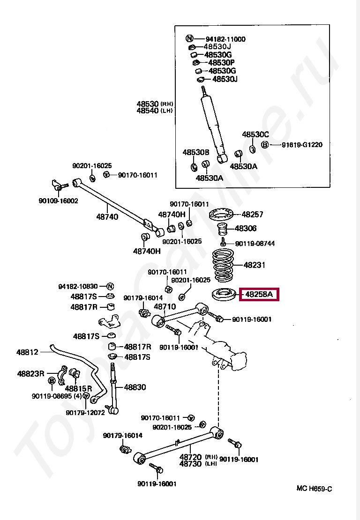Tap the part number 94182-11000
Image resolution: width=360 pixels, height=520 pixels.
pyautogui.click(x=225, y=39)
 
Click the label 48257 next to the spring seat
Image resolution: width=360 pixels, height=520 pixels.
pyautogui.click(x=253, y=215)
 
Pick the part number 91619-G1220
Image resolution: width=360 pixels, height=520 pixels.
pyautogui.click(x=302, y=145)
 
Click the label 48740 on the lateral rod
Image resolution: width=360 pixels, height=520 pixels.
pyautogui.click(x=107, y=216)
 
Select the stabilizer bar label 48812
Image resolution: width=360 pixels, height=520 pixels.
pyautogui.click(x=27, y=352)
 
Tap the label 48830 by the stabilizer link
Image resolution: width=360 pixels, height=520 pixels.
pyautogui.click(x=135, y=387)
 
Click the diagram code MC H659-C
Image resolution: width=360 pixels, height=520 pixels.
pyautogui.click(x=314, y=489)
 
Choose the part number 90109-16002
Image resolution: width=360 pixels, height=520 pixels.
pyautogui.click(x=58, y=201)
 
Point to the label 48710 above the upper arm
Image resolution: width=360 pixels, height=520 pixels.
pyautogui.click(x=165, y=307)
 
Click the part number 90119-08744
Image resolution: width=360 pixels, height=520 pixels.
pyautogui.click(x=255, y=244)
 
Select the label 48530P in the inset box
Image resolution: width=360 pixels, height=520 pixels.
pyautogui.click(x=221, y=62)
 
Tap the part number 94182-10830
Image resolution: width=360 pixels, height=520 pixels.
pyautogui.click(x=78, y=286)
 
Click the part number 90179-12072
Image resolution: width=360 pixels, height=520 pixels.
pyautogui.click(x=85, y=413)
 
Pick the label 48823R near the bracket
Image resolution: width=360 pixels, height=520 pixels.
pyautogui.click(x=30, y=374)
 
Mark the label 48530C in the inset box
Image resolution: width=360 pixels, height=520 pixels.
pyautogui.click(x=255, y=134)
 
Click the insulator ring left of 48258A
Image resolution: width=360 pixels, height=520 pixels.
pyautogui.click(x=224, y=295)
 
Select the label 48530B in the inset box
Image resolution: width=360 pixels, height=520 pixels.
pyautogui.click(x=195, y=152)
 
